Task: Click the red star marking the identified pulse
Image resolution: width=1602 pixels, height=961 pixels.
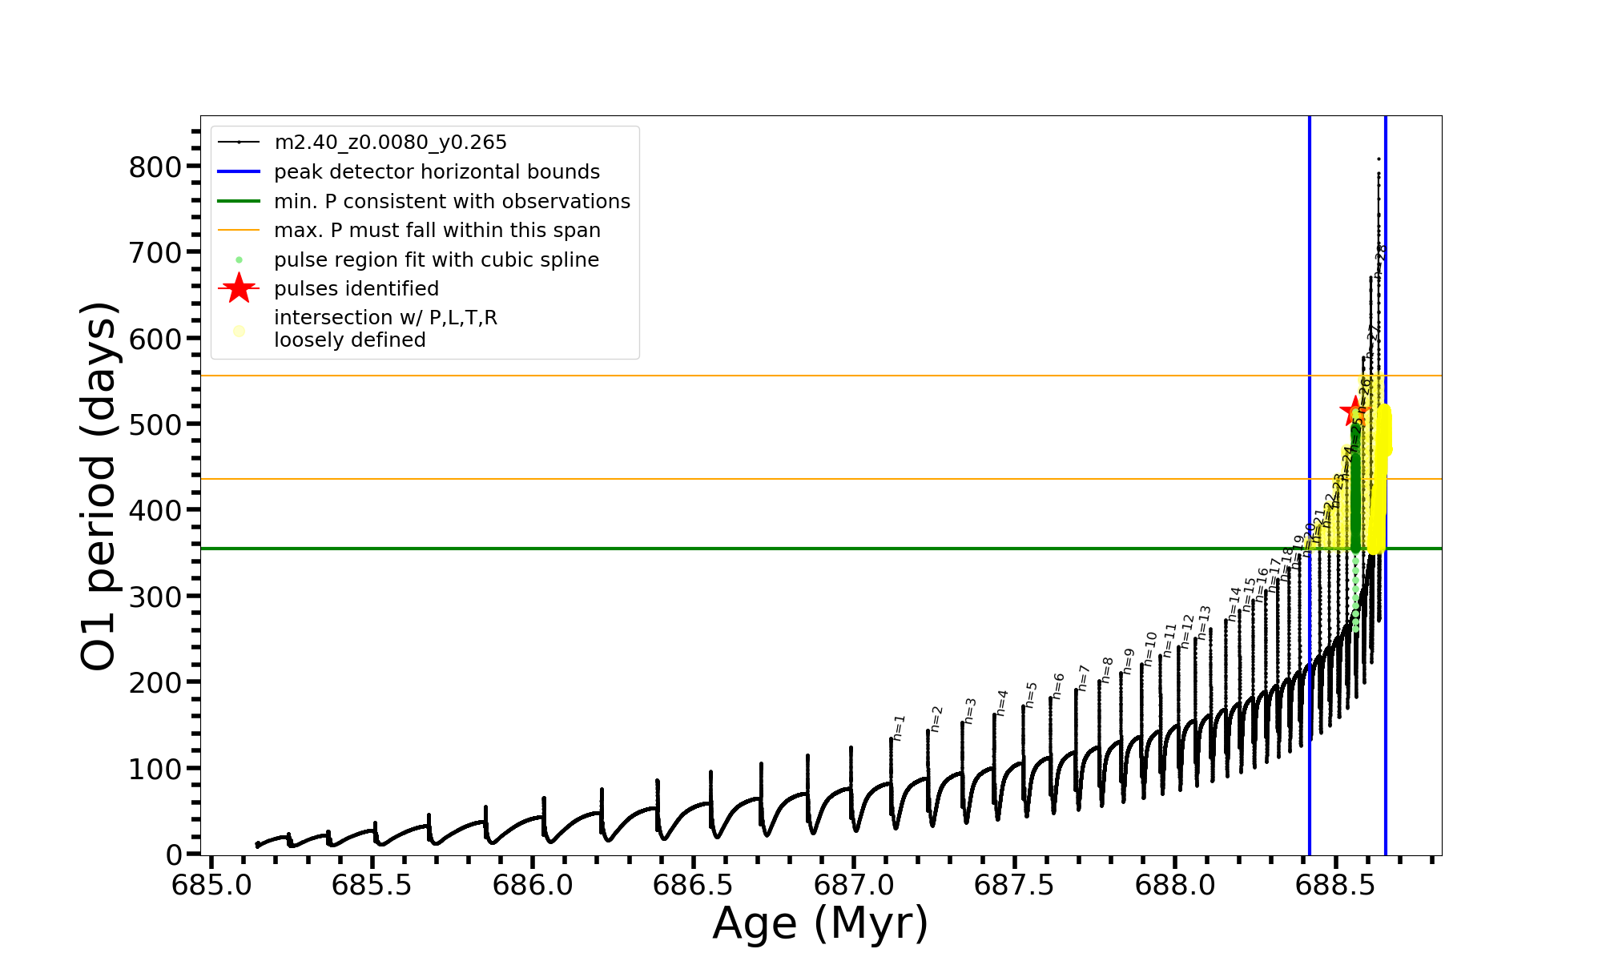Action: point(1354,412)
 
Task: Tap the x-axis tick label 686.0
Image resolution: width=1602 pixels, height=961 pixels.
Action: point(533,885)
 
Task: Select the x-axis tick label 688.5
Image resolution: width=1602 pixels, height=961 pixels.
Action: point(1335,885)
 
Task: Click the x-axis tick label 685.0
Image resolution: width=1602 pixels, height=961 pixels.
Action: point(211,885)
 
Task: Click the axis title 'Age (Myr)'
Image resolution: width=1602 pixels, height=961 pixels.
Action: point(820,923)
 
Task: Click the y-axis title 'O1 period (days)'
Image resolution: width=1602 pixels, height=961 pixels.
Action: point(99,485)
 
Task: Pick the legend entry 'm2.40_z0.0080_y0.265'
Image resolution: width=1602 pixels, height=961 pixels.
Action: point(390,143)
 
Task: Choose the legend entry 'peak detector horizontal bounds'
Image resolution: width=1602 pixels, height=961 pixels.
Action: point(437,172)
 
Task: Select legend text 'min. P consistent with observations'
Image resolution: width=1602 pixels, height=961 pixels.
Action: point(452,201)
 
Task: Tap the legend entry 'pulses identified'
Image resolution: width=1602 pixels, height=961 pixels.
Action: point(356,288)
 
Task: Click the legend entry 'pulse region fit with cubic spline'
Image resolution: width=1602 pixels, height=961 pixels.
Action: point(437,259)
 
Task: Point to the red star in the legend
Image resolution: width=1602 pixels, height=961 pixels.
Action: point(239,288)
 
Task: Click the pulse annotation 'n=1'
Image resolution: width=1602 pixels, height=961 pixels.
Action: point(899,727)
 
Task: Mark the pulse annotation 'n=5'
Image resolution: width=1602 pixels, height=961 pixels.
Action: point(1031,694)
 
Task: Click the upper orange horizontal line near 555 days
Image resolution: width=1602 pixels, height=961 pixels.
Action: point(721,376)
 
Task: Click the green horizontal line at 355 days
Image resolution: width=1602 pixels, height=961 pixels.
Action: point(721,549)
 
